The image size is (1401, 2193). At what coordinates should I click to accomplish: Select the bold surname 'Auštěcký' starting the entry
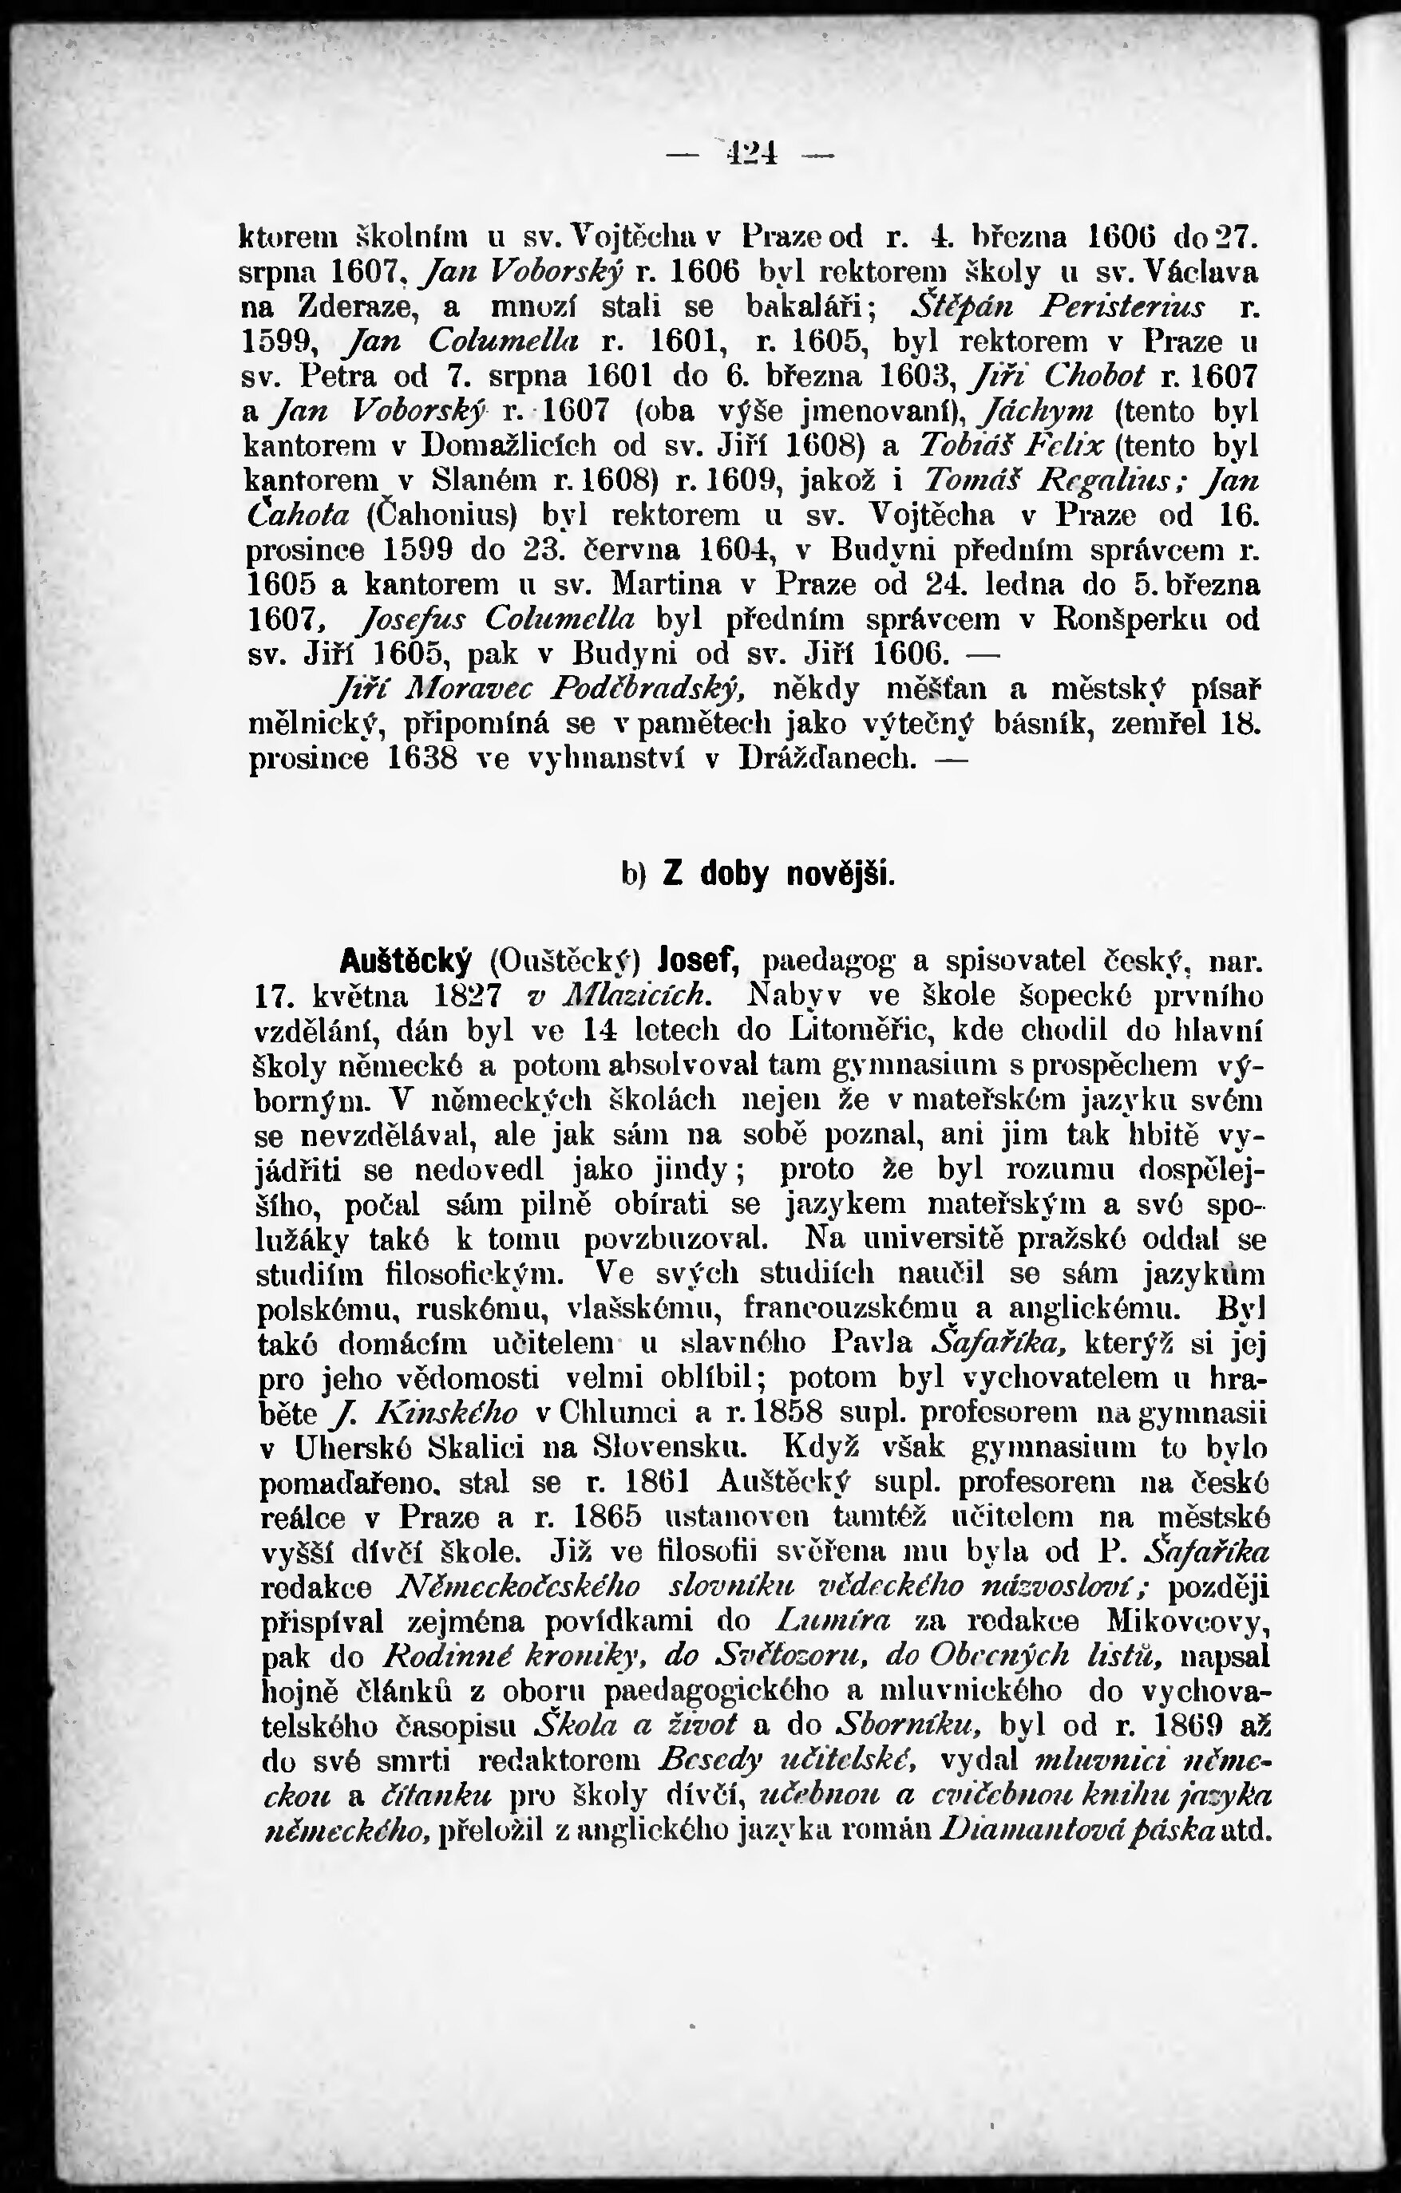406,960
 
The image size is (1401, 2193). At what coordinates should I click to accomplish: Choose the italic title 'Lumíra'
832,1620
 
